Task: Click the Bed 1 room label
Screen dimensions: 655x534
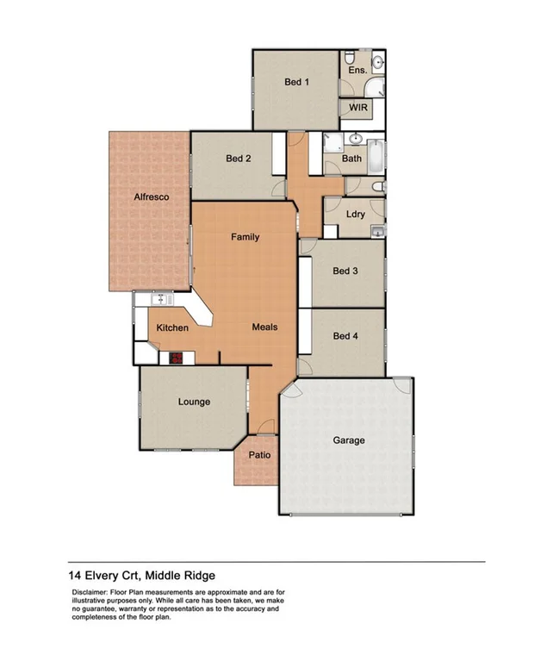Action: pyautogui.click(x=296, y=83)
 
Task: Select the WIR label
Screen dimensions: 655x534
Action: pyautogui.click(x=357, y=109)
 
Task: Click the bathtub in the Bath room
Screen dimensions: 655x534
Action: pyautogui.click(x=376, y=158)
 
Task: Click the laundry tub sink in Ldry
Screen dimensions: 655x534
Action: pyautogui.click(x=377, y=230)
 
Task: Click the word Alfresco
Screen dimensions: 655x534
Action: pyautogui.click(x=151, y=197)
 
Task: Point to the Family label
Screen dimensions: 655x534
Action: pyautogui.click(x=245, y=237)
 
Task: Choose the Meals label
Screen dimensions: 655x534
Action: pyautogui.click(x=264, y=327)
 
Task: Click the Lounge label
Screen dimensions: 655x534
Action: pyautogui.click(x=194, y=402)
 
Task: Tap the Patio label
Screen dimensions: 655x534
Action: pyautogui.click(x=259, y=455)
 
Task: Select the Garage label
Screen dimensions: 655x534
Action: pyautogui.click(x=349, y=440)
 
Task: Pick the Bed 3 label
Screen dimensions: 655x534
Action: pyautogui.click(x=345, y=271)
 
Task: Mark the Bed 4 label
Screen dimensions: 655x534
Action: pyautogui.click(x=345, y=336)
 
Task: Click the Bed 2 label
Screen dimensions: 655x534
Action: pyautogui.click(x=239, y=159)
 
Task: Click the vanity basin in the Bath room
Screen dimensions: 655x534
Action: pyautogui.click(x=354, y=138)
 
